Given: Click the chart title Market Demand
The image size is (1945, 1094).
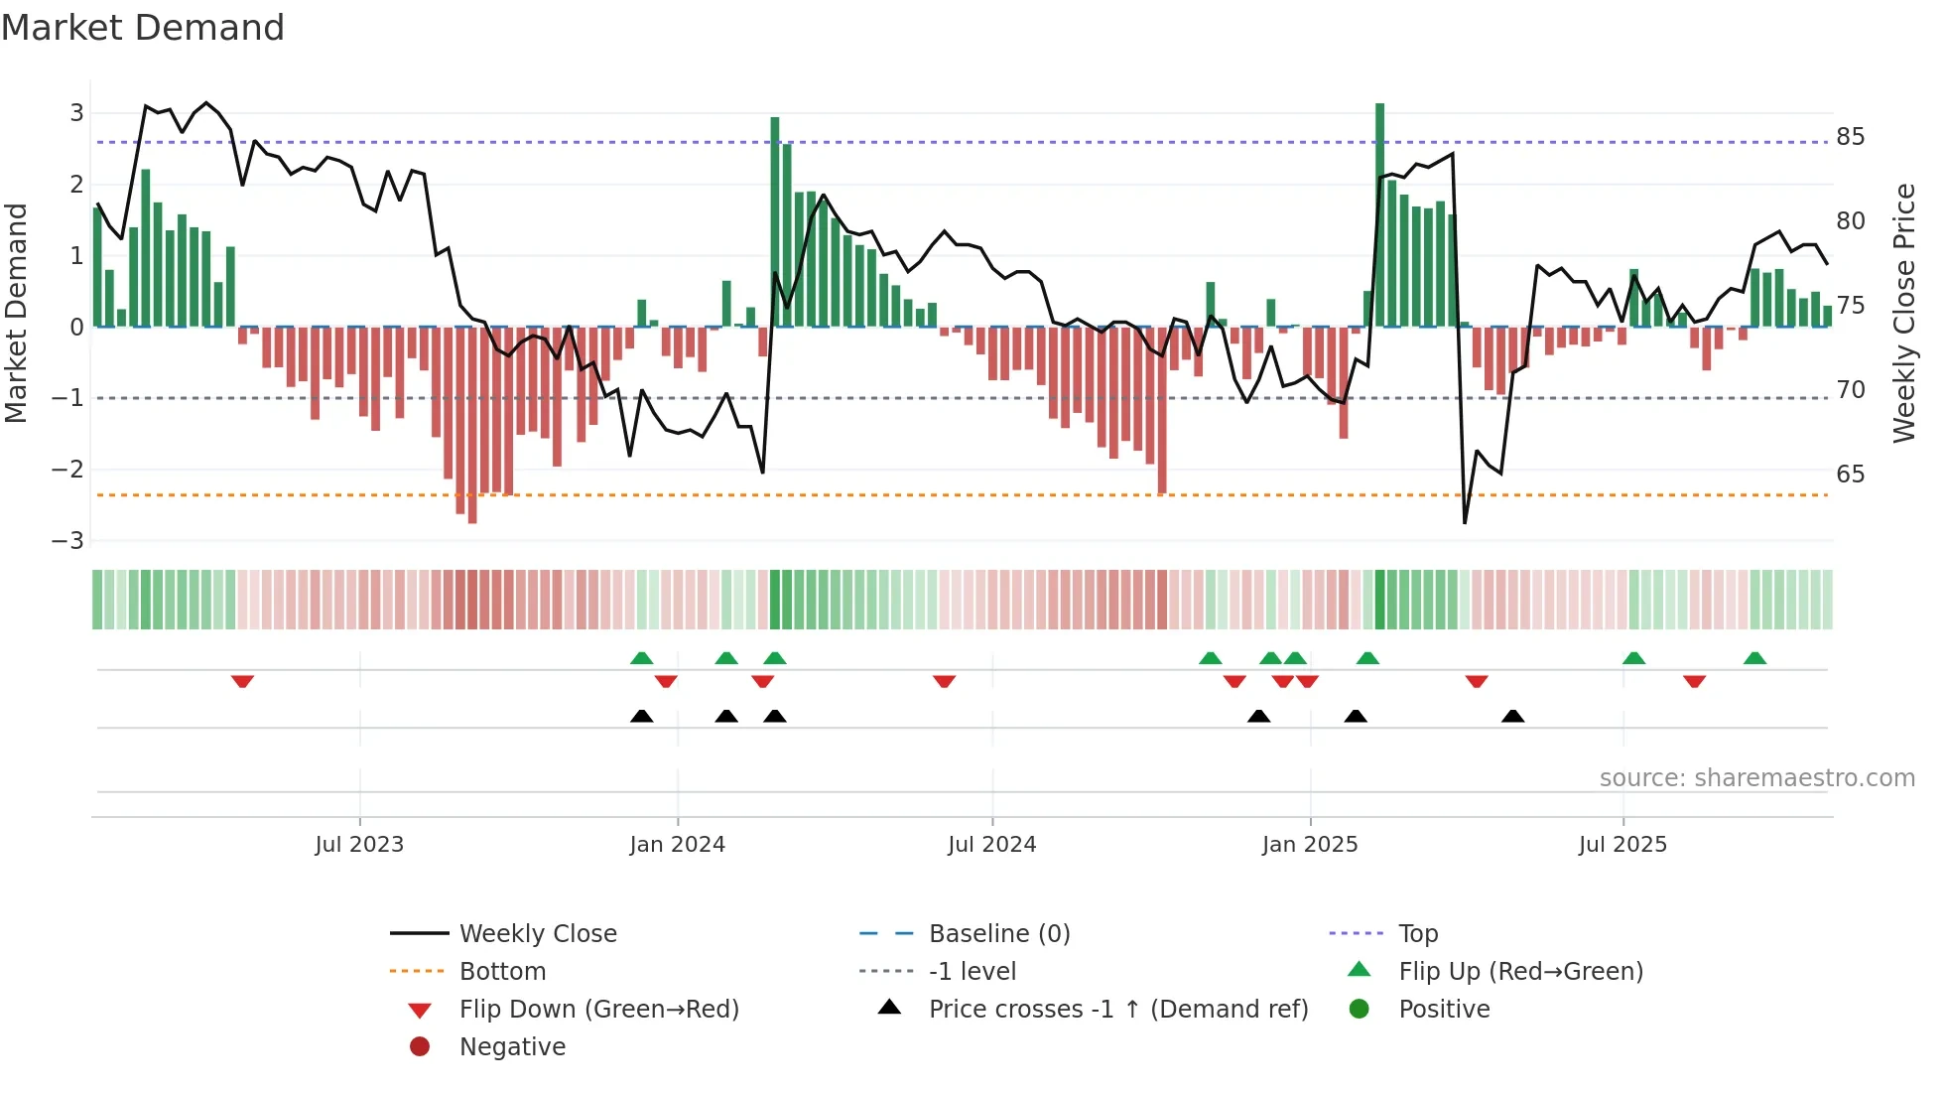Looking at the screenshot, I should (x=143, y=28).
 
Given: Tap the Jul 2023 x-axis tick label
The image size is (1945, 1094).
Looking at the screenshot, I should (x=359, y=845).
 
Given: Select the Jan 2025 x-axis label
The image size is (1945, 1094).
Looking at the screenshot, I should (x=1310, y=845).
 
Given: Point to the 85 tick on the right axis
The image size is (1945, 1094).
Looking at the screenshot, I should (x=1850, y=137).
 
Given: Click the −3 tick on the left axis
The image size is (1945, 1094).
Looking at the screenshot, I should (x=68, y=541).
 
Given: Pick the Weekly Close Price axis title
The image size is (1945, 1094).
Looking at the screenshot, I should (x=1903, y=313).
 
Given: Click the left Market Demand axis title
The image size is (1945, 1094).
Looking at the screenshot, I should (x=17, y=313).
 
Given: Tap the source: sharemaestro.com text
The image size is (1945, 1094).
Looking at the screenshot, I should (x=1756, y=778).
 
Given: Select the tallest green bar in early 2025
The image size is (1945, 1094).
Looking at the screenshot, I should (x=1379, y=213).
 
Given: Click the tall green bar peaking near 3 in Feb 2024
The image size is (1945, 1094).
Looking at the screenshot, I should (x=775, y=220).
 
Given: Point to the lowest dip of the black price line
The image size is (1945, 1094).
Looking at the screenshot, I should (x=1465, y=522).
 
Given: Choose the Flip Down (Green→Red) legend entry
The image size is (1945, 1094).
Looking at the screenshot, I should (x=598, y=1010).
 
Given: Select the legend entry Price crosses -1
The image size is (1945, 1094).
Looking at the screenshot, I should (x=1117, y=1010).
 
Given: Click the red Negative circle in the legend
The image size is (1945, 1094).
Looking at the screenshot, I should (x=420, y=1047).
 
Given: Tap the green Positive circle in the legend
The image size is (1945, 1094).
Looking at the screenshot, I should (x=1360, y=1010).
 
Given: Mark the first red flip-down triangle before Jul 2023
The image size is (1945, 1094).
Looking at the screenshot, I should (x=242, y=681).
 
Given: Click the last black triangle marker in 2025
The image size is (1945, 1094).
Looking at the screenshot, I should (x=1512, y=716).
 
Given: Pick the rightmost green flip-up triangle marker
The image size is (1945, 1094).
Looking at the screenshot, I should (x=1754, y=658).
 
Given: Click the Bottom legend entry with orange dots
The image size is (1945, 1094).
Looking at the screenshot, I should (x=502, y=972).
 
